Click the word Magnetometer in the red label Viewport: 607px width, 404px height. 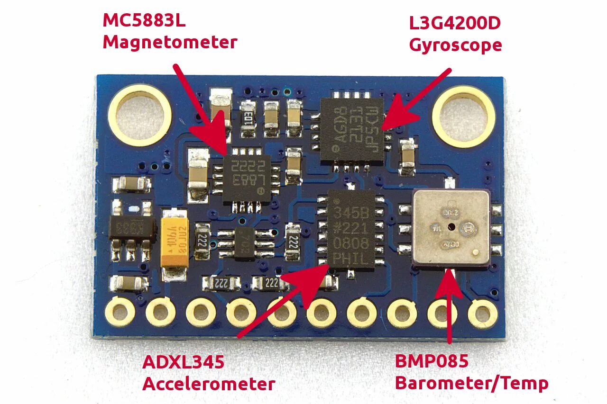point(170,43)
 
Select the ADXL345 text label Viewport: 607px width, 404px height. point(184,362)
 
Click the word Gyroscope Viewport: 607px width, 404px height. point(455,45)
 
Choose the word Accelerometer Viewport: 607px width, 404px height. point(209,384)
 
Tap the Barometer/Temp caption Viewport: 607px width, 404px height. point(471,383)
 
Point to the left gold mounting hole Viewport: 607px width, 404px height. point(139,114)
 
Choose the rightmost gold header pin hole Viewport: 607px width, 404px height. point(482,313)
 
